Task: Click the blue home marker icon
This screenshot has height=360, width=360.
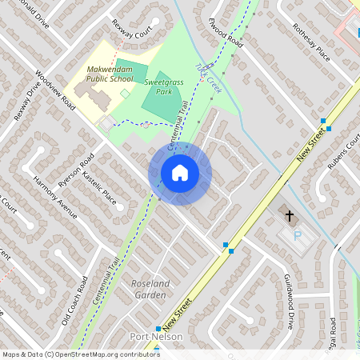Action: (180, 173)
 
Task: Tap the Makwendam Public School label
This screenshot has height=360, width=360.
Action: (110, 74)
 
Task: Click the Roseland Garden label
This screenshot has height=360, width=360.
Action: (149, 289)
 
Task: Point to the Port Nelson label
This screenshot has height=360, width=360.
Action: (156, 337)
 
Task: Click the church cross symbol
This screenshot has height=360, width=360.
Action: (290, 215)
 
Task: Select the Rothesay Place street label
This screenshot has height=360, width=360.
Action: (311, 42)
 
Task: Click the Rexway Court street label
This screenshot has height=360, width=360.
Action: (132, 30)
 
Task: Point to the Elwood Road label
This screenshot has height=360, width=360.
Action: (225, 30)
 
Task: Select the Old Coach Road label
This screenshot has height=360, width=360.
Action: (74, 301)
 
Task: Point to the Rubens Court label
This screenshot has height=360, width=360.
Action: (344, 152)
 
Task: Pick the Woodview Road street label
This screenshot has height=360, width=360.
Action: (54, 94)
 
